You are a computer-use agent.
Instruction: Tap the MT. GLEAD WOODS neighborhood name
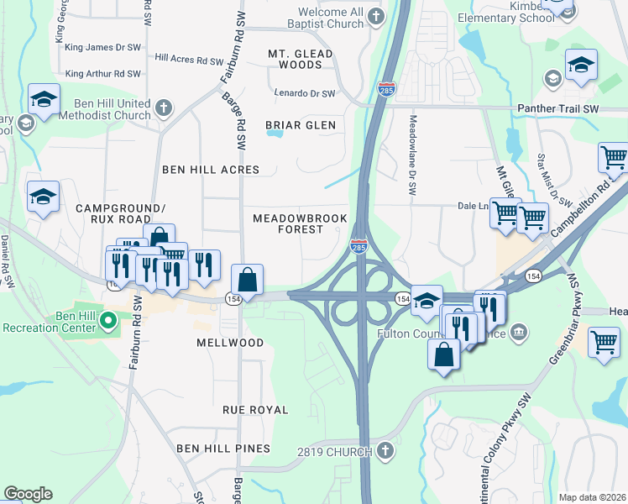(x=300, y=59)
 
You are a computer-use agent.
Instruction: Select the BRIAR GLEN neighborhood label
(x=300, y=125)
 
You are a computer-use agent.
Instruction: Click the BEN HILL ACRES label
(x=211, y=170)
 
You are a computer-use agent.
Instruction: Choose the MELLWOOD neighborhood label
(x=229, y=343)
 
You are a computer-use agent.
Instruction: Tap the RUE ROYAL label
(x=255, y=410)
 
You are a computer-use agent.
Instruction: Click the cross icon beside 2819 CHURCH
(x=385, y=452)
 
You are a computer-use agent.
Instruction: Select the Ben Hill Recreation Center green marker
(x=107, y=320)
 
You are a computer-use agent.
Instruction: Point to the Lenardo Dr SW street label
(x=305, y=93)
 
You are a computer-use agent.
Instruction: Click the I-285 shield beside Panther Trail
(x=385, y=89)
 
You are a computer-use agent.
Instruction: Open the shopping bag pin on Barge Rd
(x=248, y=279)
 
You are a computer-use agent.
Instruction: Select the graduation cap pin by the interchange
(x=427, y=300)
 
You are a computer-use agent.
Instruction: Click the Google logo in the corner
(x=29, y=494)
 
